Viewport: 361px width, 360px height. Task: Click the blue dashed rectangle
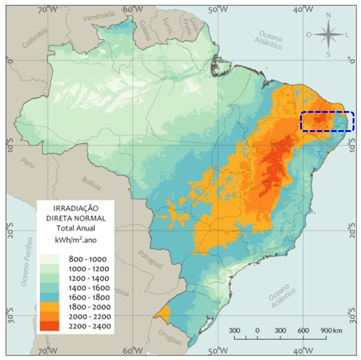pyautogui.click(x=327, y=121)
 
